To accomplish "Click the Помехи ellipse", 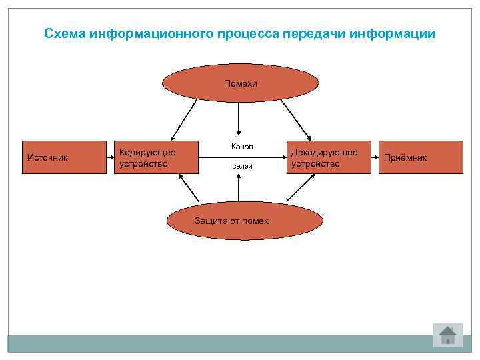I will click(241, 83).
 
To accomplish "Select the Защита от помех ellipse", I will click(235, 221).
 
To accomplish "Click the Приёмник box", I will click(422, 157).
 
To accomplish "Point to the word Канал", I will click(242, 146).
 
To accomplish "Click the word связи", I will click(242, 165).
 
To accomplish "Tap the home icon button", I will click(447, 334).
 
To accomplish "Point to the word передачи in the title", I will click(316, 33).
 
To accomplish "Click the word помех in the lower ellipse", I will click(256, 221).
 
